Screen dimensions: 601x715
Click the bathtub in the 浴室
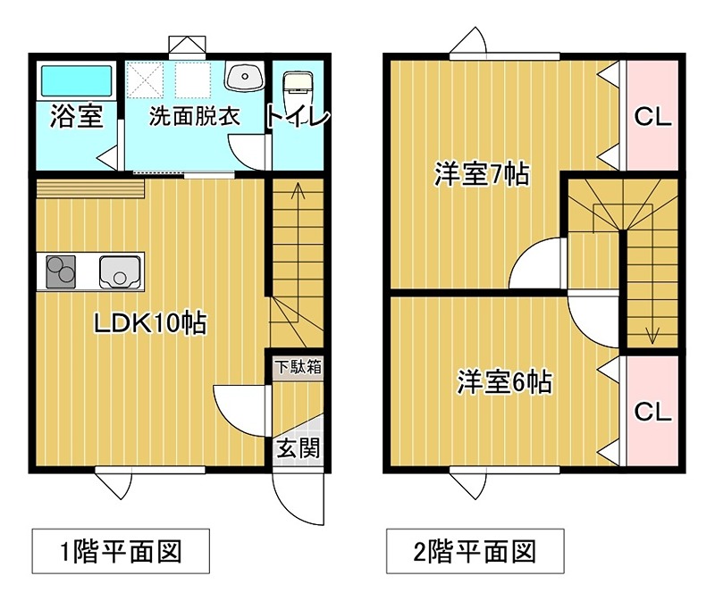coord(77,80)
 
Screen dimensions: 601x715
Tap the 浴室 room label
coord(76,116)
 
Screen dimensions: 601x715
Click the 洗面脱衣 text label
coord(195,116)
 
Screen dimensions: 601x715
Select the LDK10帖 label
coord(151,322)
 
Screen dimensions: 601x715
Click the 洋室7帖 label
coord(482,173)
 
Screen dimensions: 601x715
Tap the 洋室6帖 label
coord(503,382)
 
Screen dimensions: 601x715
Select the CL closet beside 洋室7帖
coord(652,116)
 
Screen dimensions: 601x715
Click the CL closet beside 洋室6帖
coord(652,411)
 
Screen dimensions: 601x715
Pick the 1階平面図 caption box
coord(121,551)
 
